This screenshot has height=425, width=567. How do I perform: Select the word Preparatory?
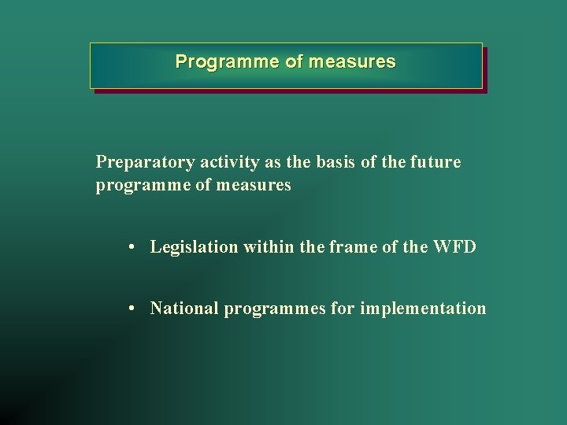click(x=145, y=163)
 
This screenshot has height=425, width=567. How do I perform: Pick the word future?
click(x=435, y=162)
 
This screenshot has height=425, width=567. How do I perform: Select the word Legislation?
click(x=194, y=247)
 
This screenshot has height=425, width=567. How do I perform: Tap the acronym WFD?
click(x=454, y=247)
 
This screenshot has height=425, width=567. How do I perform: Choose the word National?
click(x=184, y=309)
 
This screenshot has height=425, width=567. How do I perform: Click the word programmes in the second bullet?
click(x=274, y=309)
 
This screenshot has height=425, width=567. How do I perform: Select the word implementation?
click(x=423, y=309)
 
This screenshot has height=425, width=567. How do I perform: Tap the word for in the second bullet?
click(x=343, y=309)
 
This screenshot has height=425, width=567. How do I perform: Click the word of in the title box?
click(x=294, y=61)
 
